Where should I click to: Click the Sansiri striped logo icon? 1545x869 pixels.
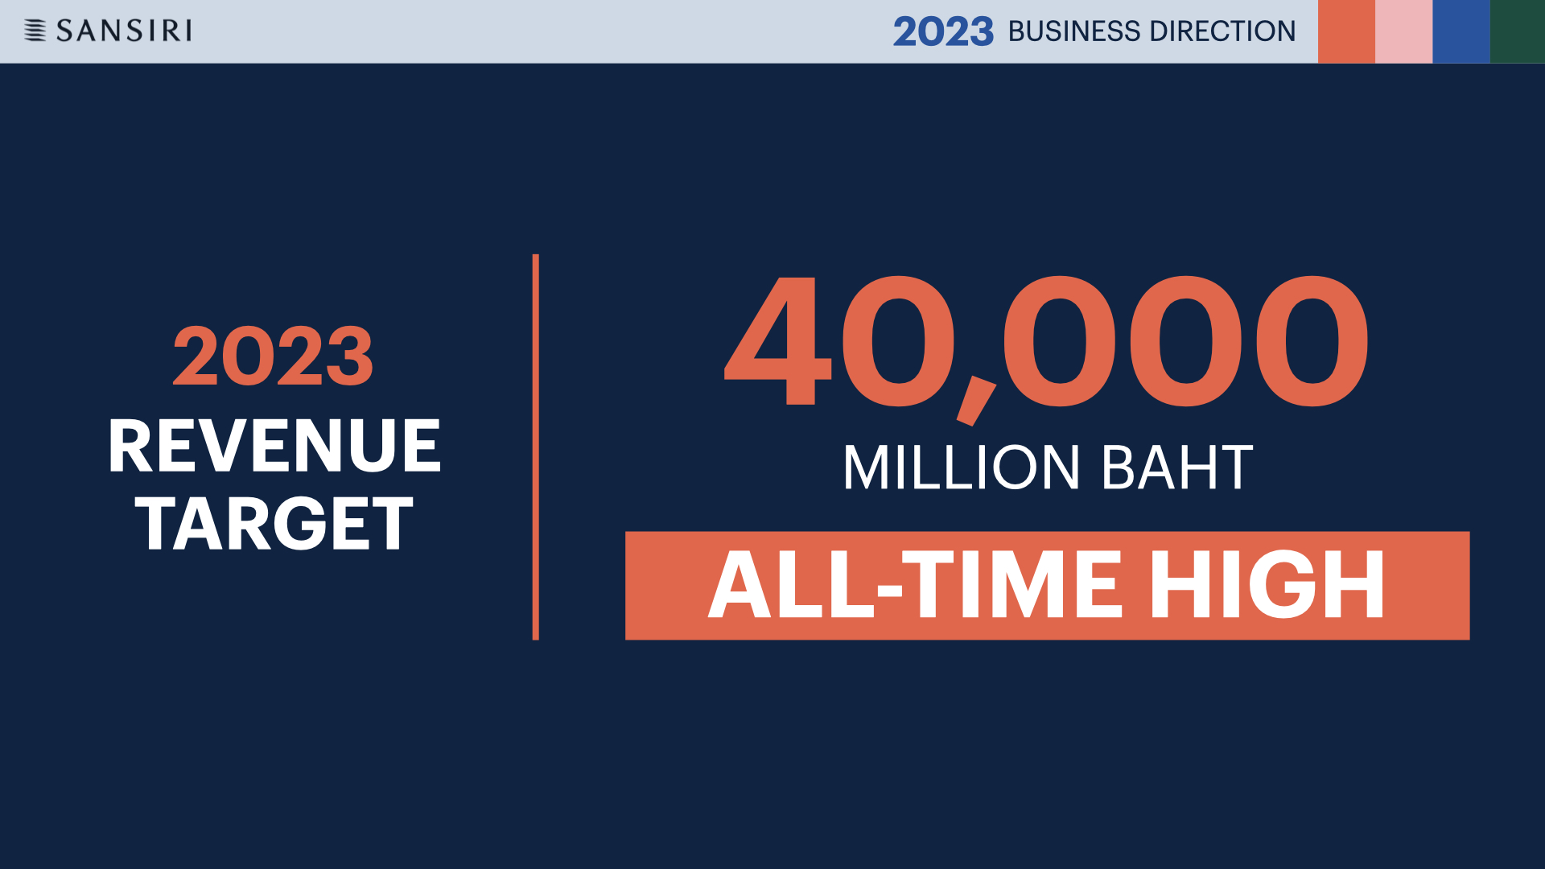(x=35, y=31)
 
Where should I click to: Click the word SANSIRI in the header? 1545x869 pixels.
(x=124, y=31)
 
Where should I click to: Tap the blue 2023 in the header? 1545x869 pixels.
(x=943, y=31)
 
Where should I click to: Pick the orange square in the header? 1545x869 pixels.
(x=1346, y=31)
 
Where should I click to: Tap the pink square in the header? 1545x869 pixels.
(x=1403, y=31)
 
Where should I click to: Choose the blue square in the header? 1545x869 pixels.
(x=1461, y=31)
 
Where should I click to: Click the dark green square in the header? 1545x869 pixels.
(x=1518, y=31)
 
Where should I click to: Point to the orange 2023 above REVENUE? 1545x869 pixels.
(x=273, y=356)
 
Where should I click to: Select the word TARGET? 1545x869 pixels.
(x=274, y=524)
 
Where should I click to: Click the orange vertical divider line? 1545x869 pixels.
(x=535, y=447)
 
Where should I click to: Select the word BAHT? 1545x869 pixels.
(x=1177, y=467)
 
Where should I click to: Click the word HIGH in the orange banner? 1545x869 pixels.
(x=1267, y=585)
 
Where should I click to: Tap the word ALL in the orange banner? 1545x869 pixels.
(x=792, y=585)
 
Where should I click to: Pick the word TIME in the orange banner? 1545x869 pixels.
(x=1012, y=585)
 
